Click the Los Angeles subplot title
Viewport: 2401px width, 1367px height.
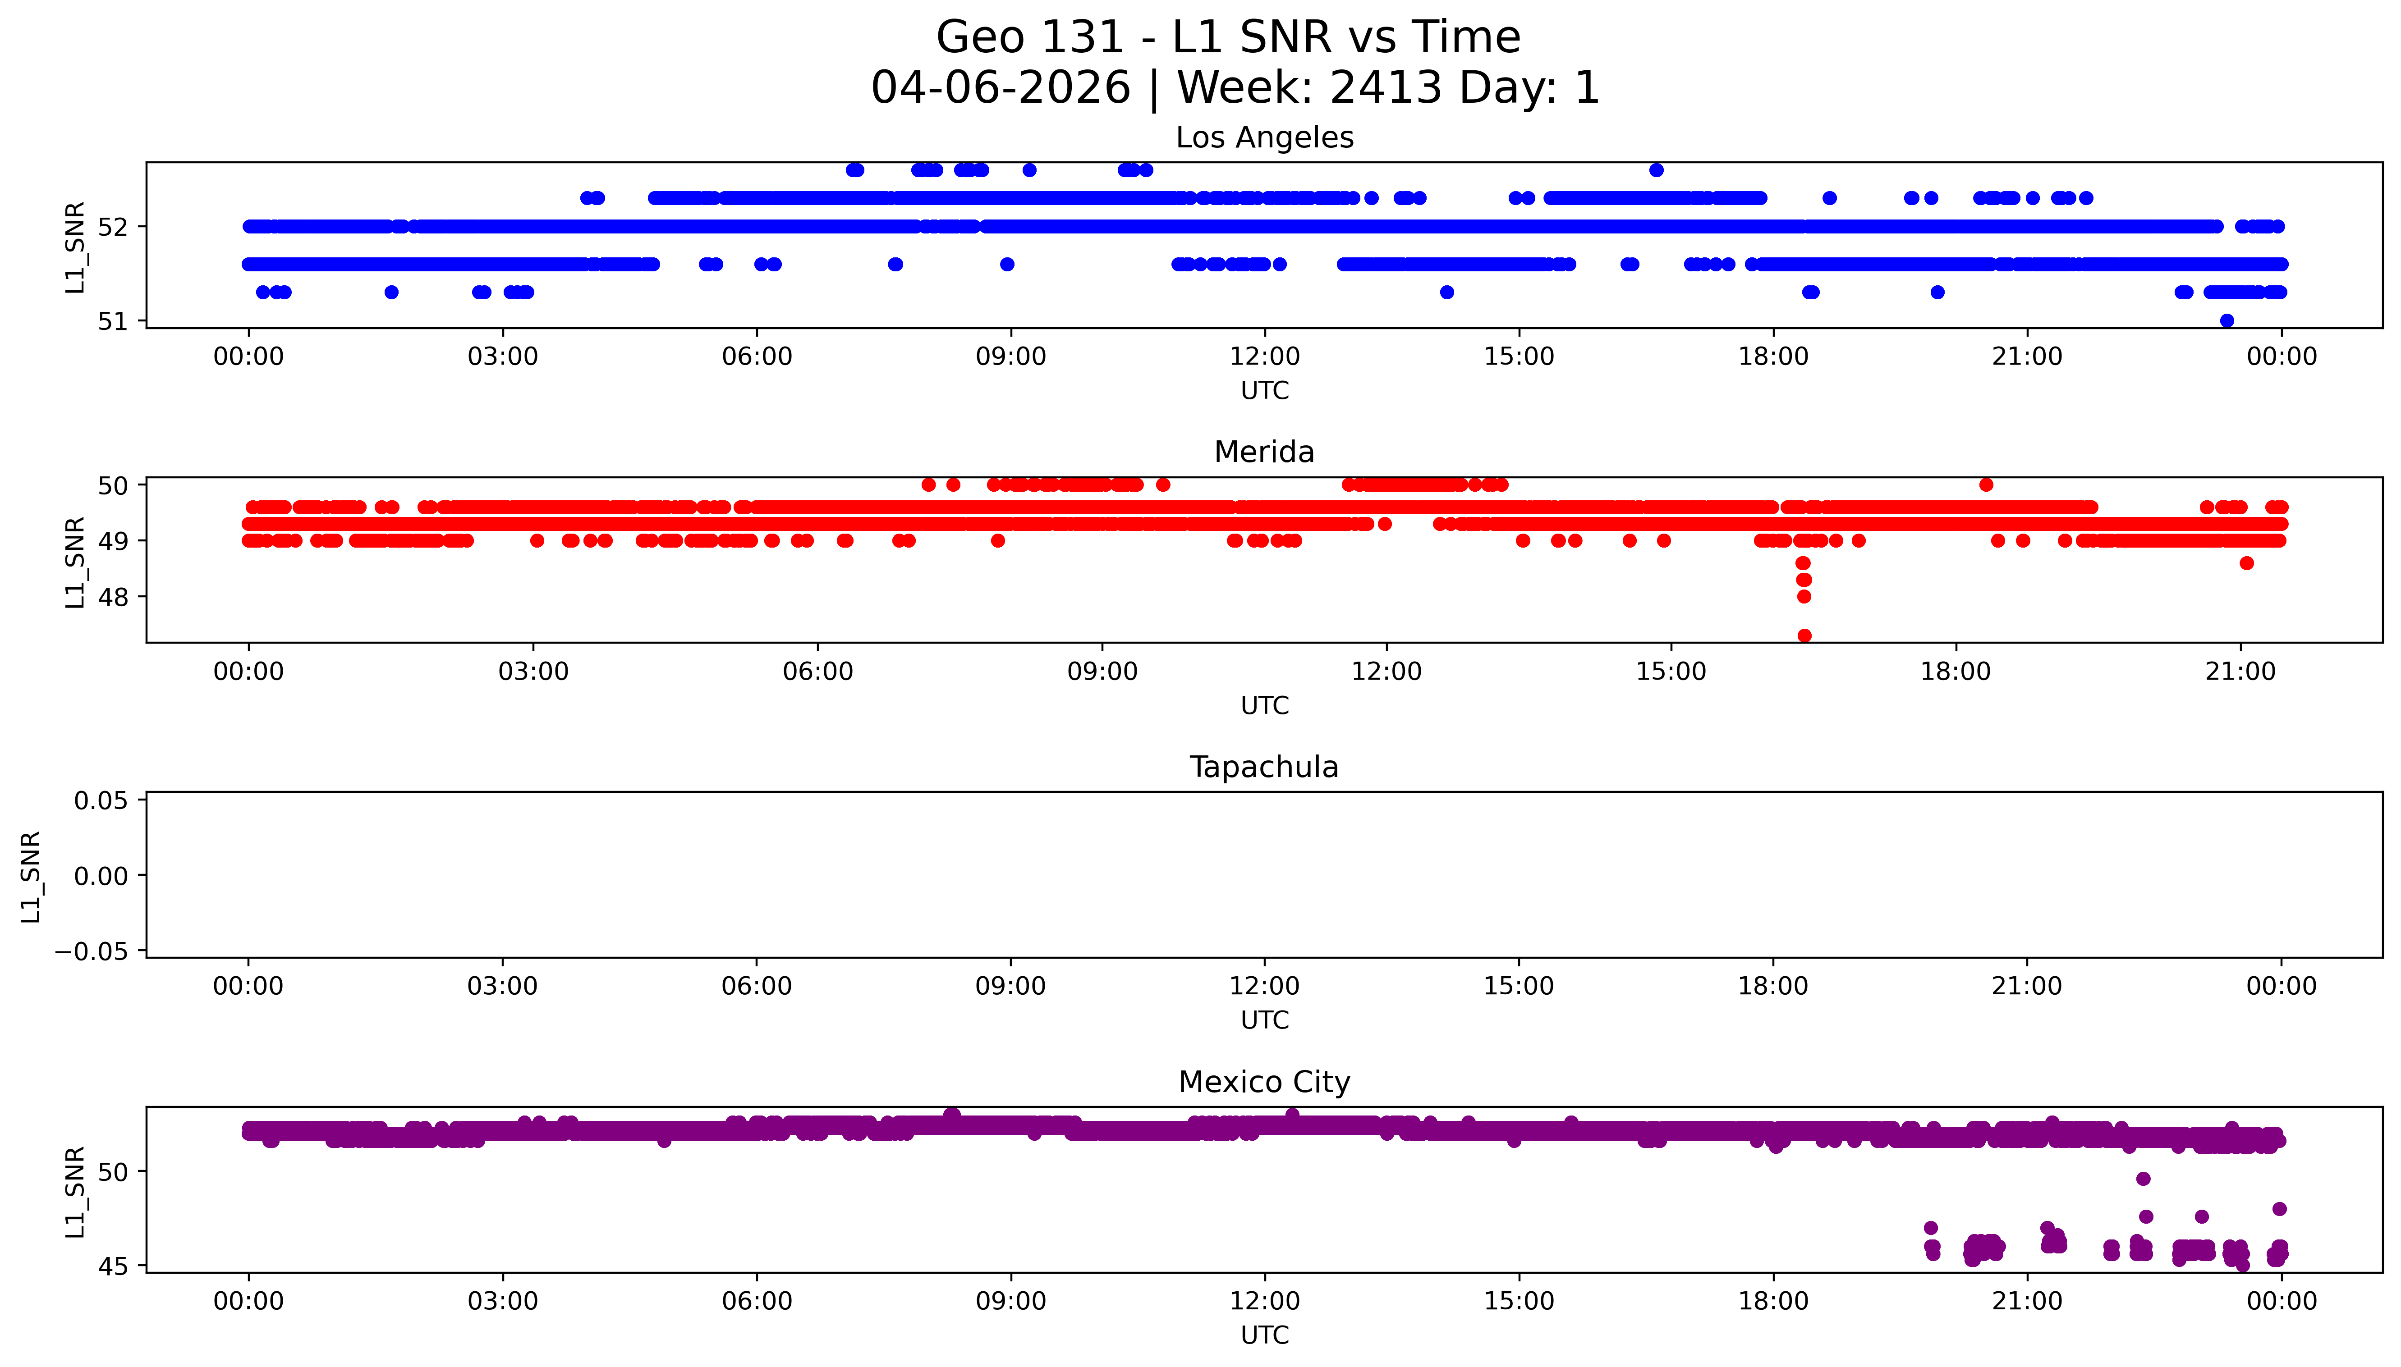pyautogui.click(x=1264, y=138)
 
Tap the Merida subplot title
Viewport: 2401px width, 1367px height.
pyautogui.click(x=1264, y=453)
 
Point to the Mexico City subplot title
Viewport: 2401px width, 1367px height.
pyautogui.click(x=1264, y=1083)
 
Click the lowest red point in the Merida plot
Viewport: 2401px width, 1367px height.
pyautogui.click(x=1804, y=635)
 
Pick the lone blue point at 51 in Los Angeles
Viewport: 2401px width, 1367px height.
pyautogui.click(x=2227, y=321)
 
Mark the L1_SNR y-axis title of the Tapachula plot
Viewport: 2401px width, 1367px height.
pyautogui.click(x=31, y=876)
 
